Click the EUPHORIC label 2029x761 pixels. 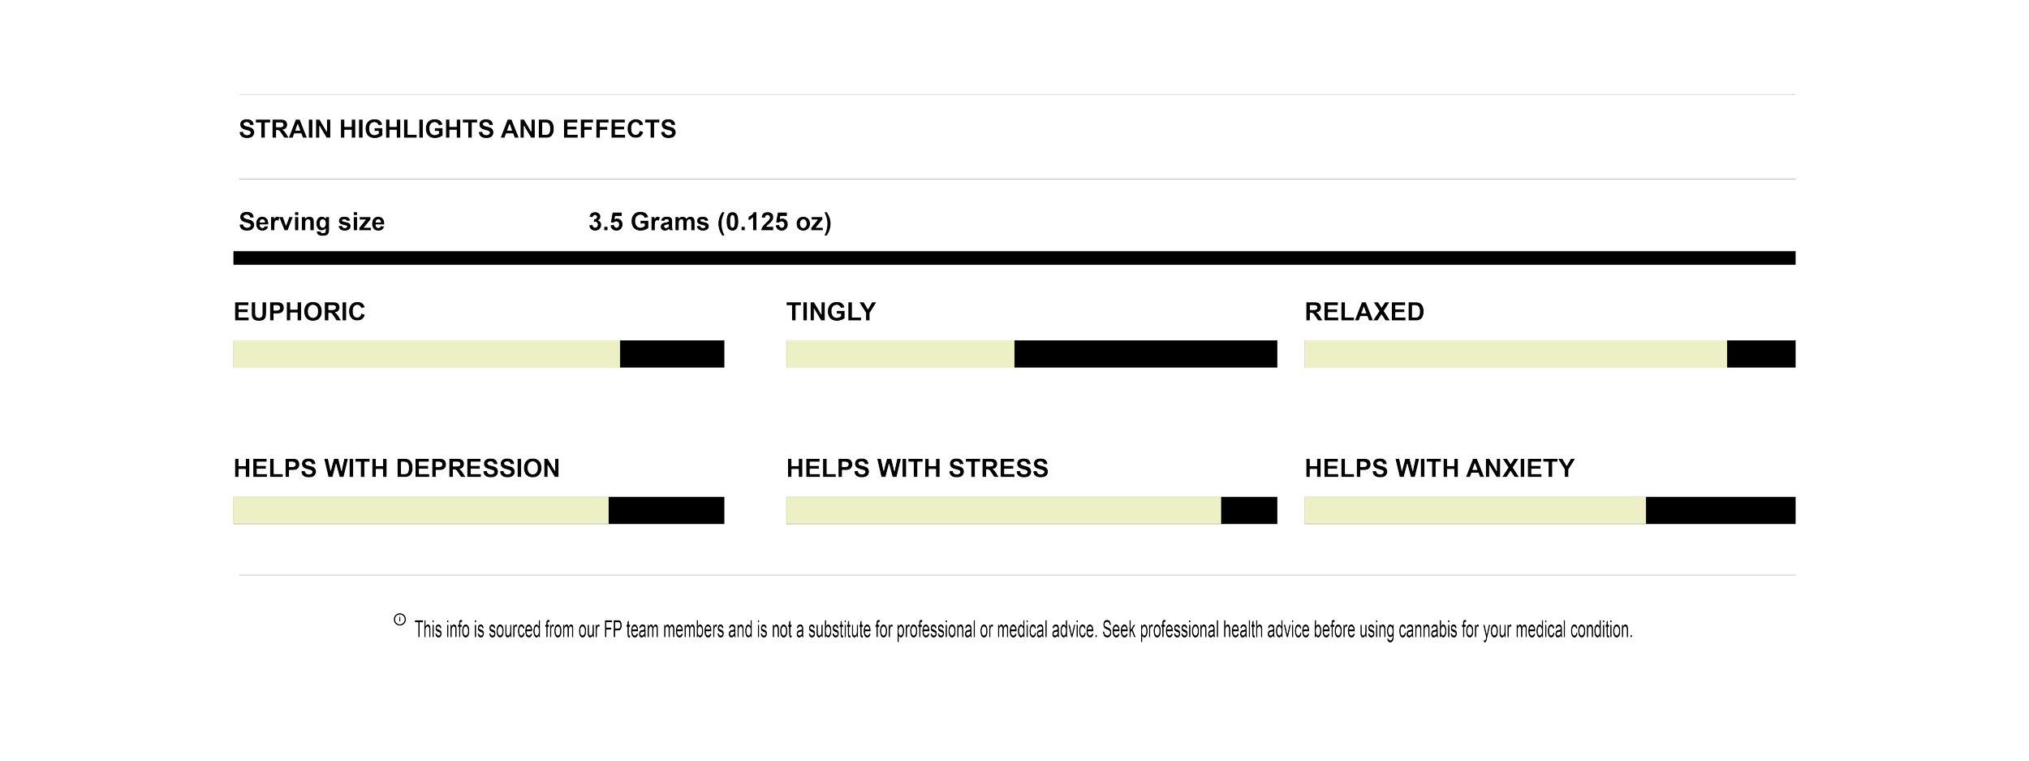click(x=299, y=312)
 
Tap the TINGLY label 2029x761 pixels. click(x=831, y=312)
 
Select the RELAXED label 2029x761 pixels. click(x=1364, y=312)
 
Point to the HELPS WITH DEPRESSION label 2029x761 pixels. click(x=396, y=469)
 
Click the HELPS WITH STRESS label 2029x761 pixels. click(x=917, y=469)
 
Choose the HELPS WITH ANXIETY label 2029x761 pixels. click(x=1439, y=469)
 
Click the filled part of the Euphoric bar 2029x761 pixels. click(x=426, y=355)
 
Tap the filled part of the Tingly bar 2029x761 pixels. click(x=899, y=355)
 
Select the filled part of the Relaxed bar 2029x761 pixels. click(x=1514, y=355)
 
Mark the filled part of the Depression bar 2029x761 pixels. click(x=420, y=511)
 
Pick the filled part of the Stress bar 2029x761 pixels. click(x=1002, y=511)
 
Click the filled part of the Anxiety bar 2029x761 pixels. click(x=1475, y=511)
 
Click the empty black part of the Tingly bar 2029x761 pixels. click(x=1145, y=355)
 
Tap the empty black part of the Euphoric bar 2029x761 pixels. click(x=672, y=355)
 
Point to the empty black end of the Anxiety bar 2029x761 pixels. click(x=1721, y=511)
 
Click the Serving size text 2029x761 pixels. click(x=312, y=222)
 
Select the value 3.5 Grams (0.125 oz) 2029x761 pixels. click(x=710, y=222)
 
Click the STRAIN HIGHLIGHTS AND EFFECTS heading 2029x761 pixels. click(x=457, y=129)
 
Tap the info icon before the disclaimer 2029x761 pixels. click(x=399, y=620)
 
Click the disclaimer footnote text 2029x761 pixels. click(x=1023, y=631)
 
